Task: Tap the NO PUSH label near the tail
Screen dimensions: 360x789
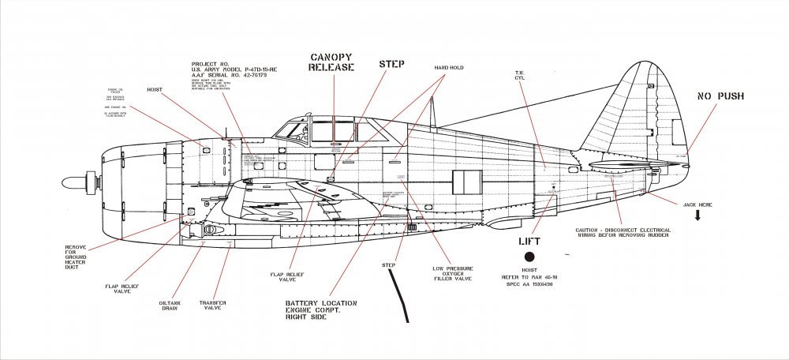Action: pos(721,97)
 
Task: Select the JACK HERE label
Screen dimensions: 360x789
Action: pos(695,204)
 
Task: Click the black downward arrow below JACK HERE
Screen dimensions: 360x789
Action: pos(698,216)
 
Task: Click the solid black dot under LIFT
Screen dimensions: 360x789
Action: pos(529,257)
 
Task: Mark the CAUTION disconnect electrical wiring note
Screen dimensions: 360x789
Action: pos(623,233)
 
